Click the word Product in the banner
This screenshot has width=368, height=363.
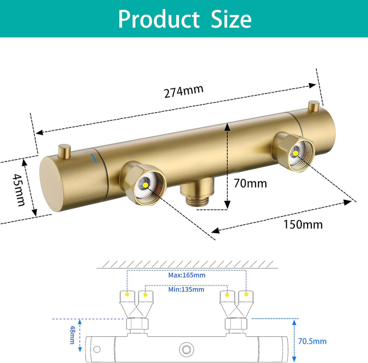coord(159,19)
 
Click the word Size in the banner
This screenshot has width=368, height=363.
coord(231,19)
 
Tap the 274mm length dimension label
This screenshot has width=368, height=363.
coord(184,91)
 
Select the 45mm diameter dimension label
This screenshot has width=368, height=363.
coord(19,190)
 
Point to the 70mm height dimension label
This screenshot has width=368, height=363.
coord(250,183)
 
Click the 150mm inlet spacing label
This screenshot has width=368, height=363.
coord(303,224)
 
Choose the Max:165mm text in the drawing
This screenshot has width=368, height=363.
coord(187,275)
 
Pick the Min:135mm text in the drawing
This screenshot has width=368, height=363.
coord(186,289)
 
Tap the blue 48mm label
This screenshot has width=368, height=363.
coord(73,335)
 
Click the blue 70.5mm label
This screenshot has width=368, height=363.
coord(312,341)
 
